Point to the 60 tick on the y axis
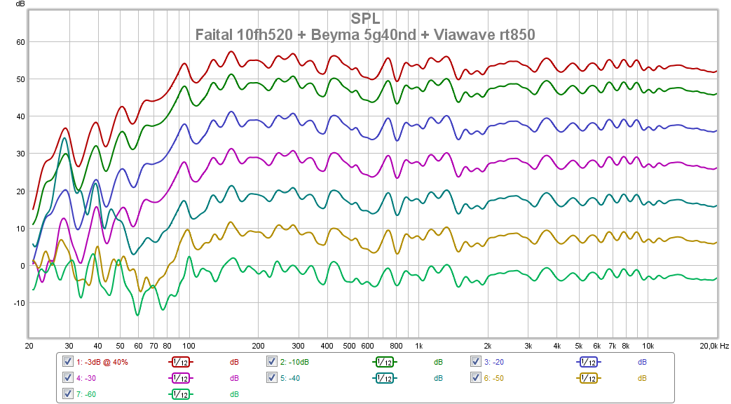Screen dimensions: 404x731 tap(20, 42)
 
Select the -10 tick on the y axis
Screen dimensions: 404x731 tap(19, 303)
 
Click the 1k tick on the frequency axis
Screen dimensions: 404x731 tap(418, 346)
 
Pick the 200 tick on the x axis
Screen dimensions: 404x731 tap(258, 346)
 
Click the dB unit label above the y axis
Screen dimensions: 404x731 tap(20, 4)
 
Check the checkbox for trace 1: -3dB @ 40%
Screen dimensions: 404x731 tap(68, 362)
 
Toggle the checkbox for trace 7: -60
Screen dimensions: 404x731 tap(68, 393)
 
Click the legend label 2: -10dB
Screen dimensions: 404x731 tap(294, 362)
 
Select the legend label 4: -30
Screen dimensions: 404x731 tap(87, 378)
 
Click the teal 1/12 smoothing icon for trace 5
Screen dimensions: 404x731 tap(384, 378)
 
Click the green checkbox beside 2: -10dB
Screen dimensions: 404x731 tap(272, 362)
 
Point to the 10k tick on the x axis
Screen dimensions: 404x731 tap(649, 346)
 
